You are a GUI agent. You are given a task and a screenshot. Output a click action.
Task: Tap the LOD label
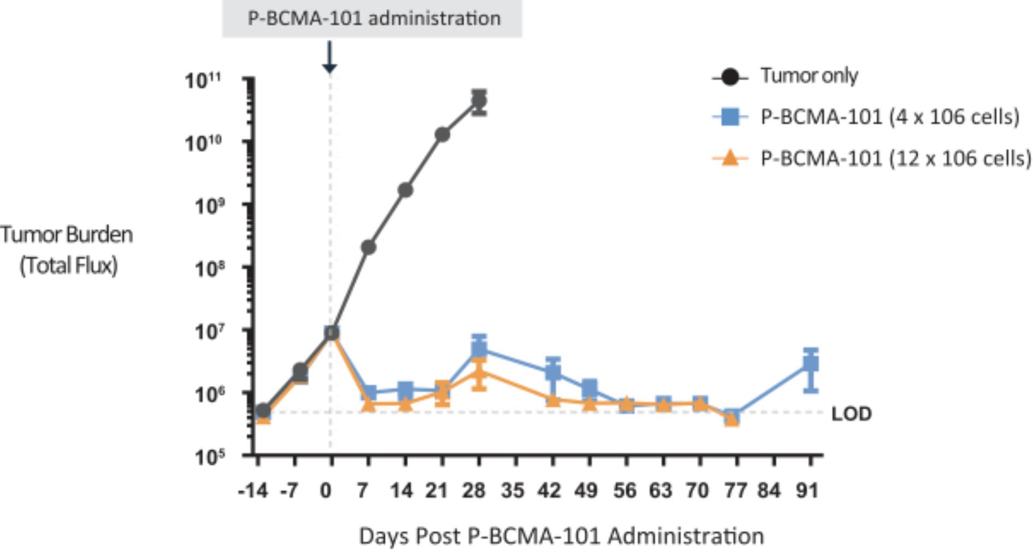coord(851,414)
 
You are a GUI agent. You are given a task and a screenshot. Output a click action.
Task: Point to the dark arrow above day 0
coord(329,57)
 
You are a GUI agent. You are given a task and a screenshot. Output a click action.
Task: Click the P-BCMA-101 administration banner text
coord(374,19)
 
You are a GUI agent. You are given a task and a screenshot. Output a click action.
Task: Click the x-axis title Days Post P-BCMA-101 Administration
coord(561,536)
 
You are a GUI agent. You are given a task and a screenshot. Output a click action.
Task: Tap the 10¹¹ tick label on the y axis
coord(203,80)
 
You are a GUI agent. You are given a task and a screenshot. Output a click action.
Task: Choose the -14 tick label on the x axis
coord(253,491)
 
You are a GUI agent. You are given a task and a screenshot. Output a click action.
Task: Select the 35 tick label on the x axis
coord(512,491)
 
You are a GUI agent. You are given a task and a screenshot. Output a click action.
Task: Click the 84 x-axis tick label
coord(769,491)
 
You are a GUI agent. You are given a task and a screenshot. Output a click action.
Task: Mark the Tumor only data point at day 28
coord(479,101)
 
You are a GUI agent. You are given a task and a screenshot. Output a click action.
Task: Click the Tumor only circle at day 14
coord(405,190)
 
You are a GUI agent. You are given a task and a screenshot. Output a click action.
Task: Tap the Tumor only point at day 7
coord(368,247)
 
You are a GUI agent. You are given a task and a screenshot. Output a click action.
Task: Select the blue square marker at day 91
coord(811,364)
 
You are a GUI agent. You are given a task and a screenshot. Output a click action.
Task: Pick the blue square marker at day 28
coord(479,348)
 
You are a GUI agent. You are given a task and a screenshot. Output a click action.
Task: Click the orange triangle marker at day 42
coord(553,400)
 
